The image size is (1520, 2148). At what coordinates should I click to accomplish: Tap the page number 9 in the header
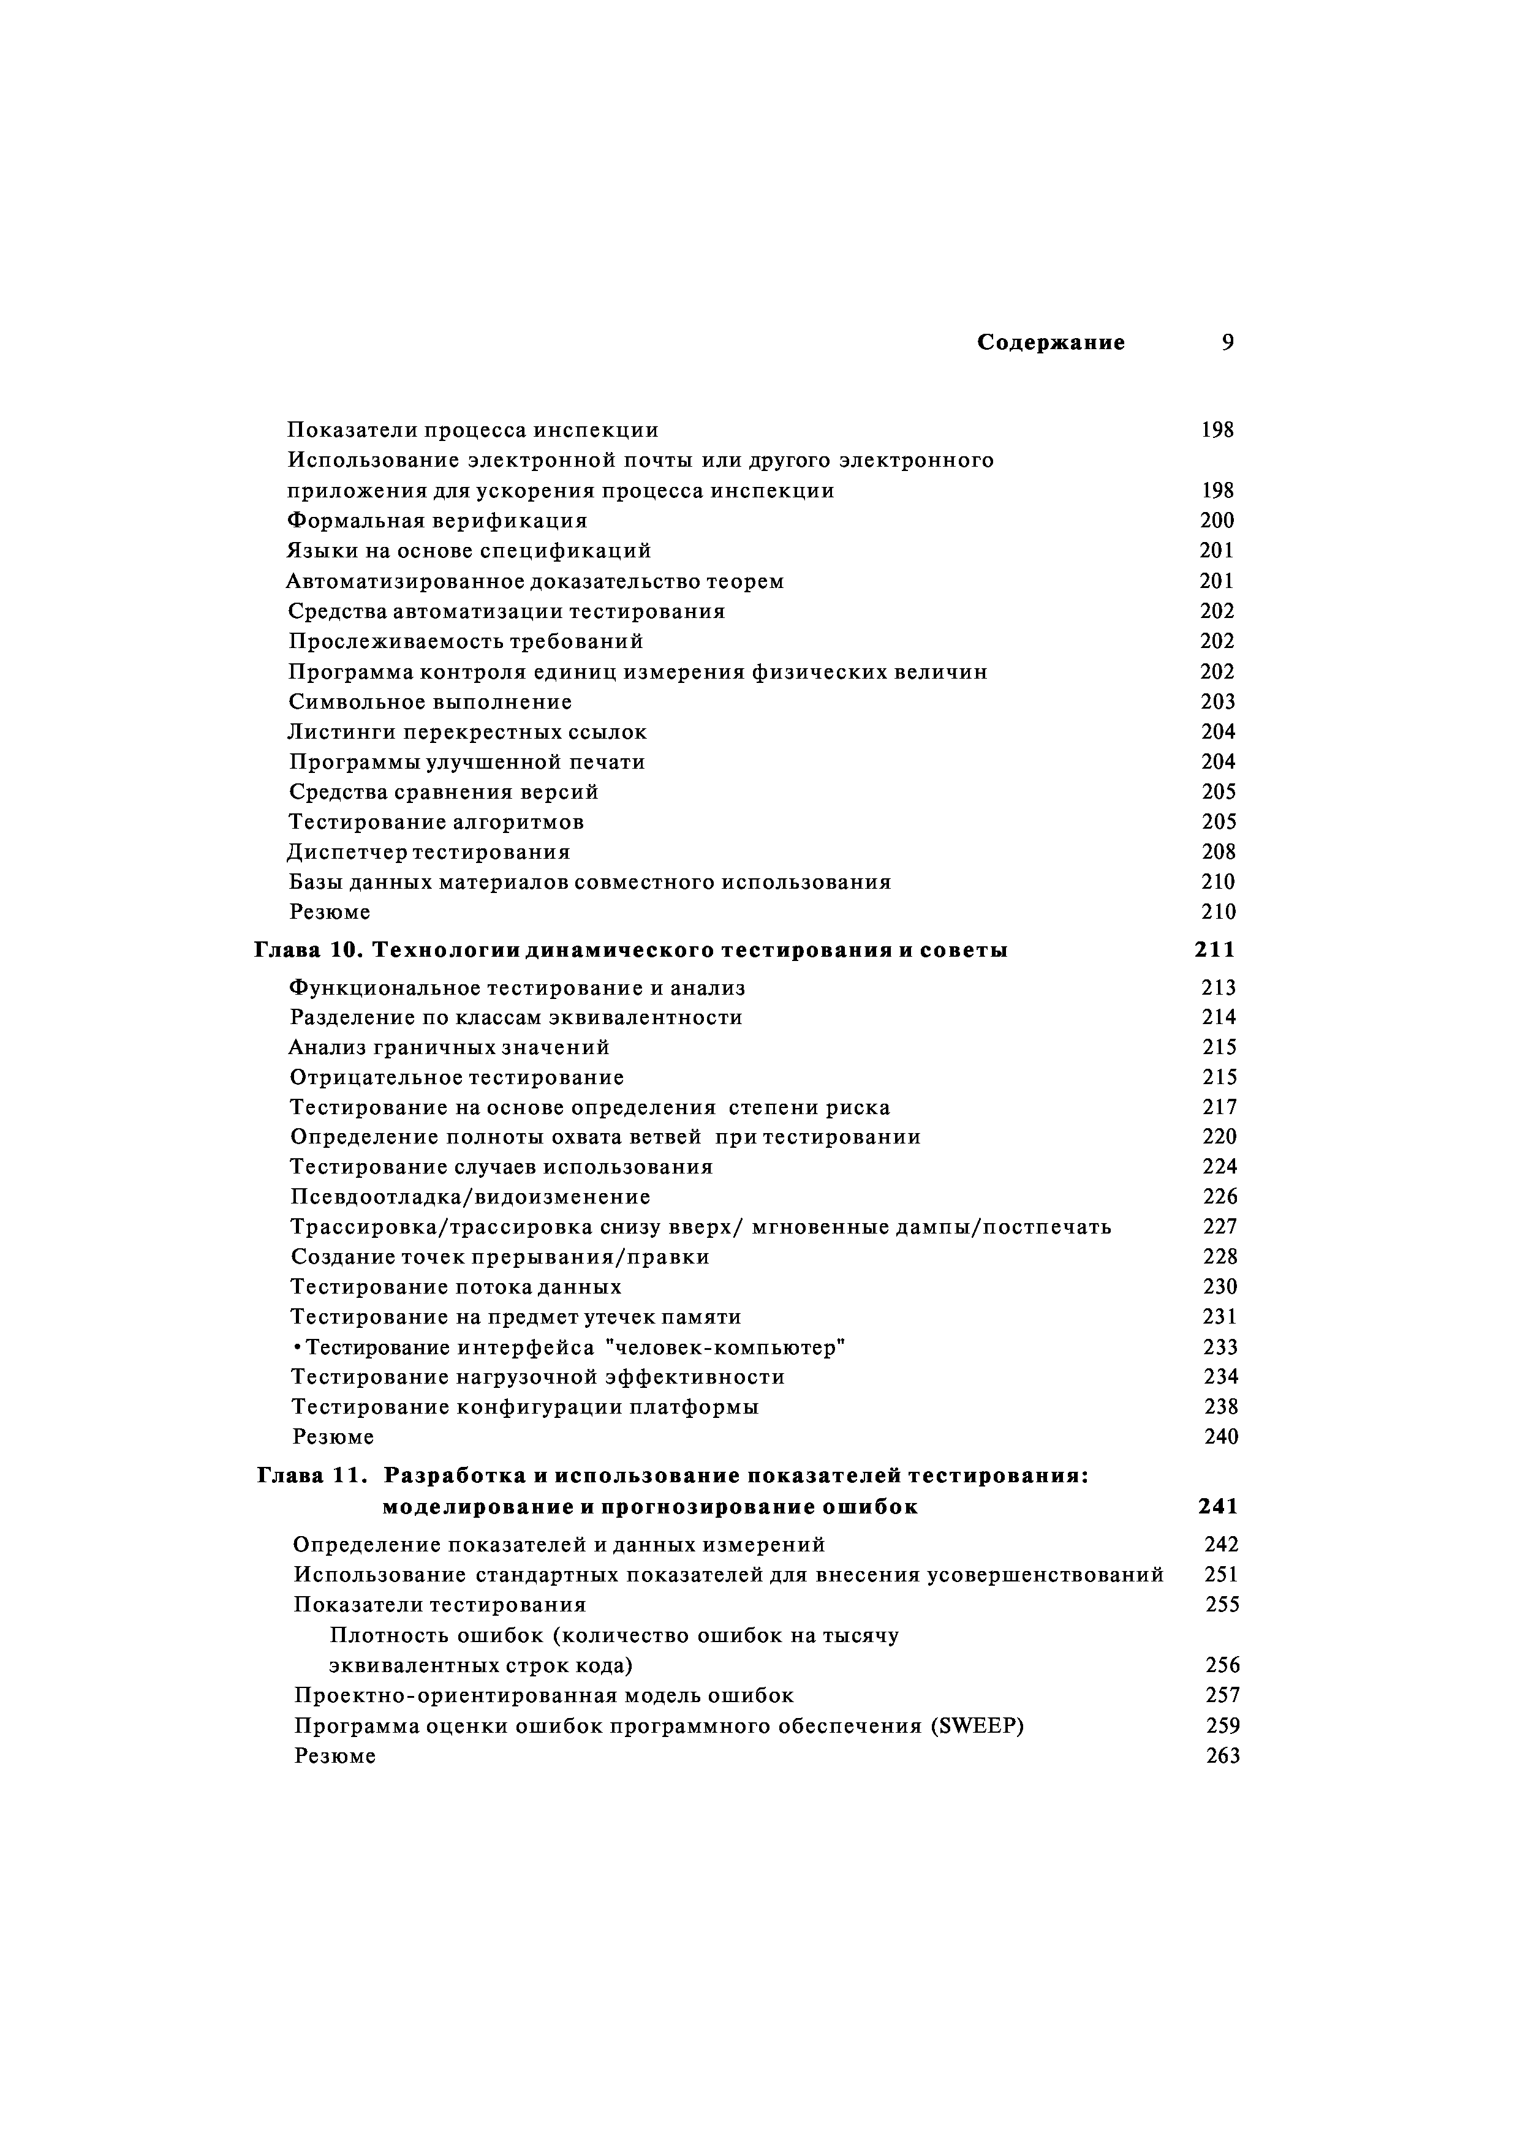pyautogui.click(x=1227, y=342)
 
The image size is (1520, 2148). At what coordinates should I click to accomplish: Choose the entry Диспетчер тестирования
pyautogui.click(x=429, y=852)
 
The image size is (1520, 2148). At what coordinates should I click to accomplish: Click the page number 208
pyautogui.click(x=1219, y=852)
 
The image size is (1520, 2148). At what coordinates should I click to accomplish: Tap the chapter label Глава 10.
pyautogui.click(x=308, y=951)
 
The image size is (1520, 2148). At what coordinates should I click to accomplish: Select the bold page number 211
pyautogui.click(x=1215, y=951)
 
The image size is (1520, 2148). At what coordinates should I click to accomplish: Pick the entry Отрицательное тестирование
pyautogui.click(x=457, y=1078)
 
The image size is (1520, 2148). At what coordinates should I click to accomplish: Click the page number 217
pyautogui.click(x=1220, y=1107)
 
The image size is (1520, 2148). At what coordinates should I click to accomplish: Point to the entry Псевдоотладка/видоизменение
pyautogui.click(x=470, y=1197)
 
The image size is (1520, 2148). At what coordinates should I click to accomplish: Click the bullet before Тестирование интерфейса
pyautogui.click(x=297, y=1348)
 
